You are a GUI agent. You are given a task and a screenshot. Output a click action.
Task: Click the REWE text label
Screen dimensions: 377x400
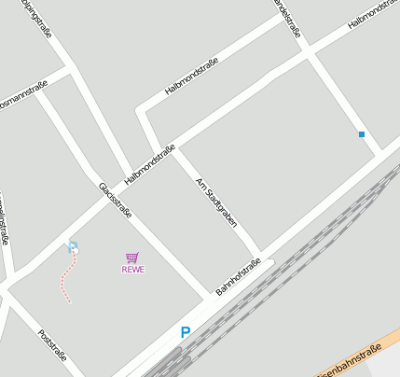pos(133,270)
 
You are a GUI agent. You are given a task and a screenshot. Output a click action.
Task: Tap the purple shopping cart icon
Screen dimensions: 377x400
pos(132,258)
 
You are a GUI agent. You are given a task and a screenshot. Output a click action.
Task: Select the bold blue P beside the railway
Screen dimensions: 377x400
pos(186,332)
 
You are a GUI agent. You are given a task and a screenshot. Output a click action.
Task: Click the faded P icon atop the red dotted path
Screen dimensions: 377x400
pos(73,247)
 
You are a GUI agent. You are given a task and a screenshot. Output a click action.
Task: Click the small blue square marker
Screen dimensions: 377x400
pos(362,134)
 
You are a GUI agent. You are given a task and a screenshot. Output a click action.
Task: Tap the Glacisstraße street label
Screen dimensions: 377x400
pos(115,200)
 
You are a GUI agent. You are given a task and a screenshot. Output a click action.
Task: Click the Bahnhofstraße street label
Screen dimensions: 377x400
pos(238,277)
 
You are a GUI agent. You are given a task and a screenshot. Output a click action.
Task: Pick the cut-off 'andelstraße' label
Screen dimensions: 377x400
pos(288,17)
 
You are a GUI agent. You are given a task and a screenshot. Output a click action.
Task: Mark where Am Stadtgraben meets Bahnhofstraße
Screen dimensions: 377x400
pos(259,254)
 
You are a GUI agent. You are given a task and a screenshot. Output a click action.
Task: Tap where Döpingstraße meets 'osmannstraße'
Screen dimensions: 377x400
pos(70,69)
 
